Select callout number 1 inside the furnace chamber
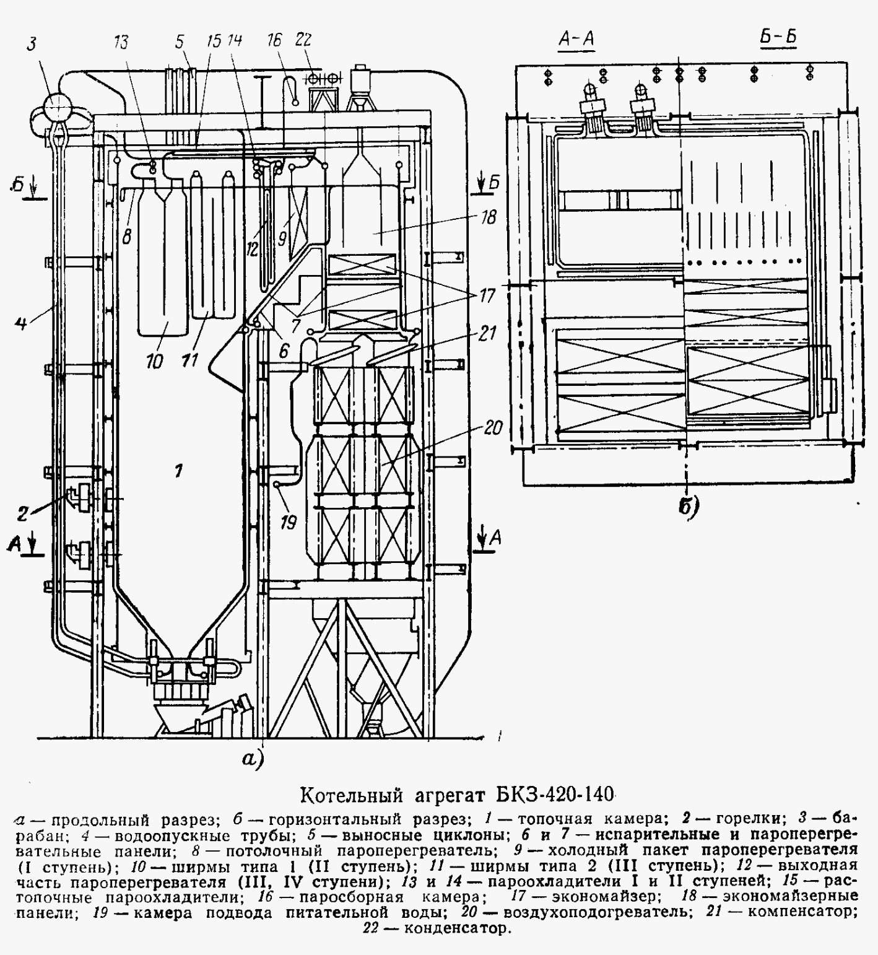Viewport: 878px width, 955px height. (178, 472)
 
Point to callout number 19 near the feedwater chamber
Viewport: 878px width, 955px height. (289, 523)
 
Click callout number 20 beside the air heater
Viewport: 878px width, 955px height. (493, 428)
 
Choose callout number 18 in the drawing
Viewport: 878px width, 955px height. (489, 217)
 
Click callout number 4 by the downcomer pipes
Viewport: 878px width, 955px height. (20, 323)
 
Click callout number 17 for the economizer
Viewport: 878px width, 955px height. (487, 297)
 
